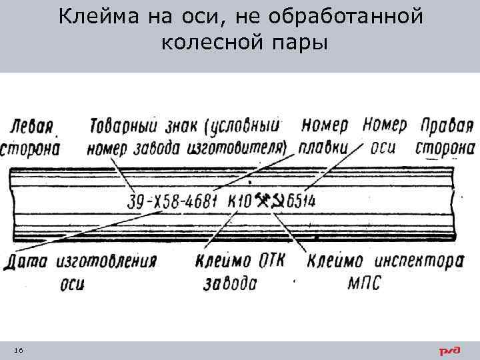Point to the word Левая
(33, 125)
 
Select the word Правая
(446, 125)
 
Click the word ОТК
(268, 260)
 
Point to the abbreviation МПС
(365, 283)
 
